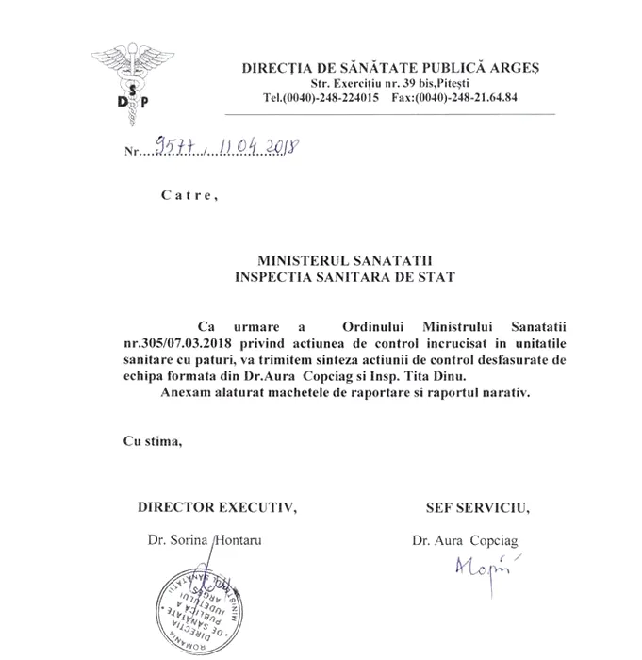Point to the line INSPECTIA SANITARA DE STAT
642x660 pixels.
point(344,277)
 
